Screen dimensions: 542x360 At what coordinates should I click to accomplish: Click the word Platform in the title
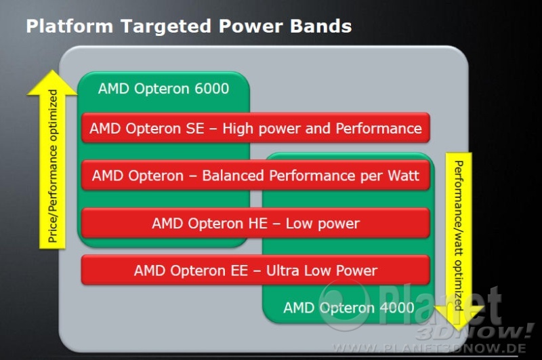pyautogui.click(x=70, y=26)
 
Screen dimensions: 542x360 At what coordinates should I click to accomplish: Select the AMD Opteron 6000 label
pyautogui.click(x=163, y=89)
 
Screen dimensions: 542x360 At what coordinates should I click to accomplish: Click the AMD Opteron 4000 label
pyautogui.click(x=349, y=307)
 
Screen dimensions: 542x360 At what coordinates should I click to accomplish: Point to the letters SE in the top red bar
pyautogui.click(x=195, y=129)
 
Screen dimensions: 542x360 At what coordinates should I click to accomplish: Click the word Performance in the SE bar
pyautogui.click(x=379, y=129)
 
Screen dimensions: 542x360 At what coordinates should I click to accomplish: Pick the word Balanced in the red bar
pyautogui.click(x=233, y=176)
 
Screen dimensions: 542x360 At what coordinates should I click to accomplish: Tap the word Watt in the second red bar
pyautogui.click(x=403, y=176)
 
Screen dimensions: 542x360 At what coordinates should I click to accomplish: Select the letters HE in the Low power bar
pyautogui.click(x=258, y=224)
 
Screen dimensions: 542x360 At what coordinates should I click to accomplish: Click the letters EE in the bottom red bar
pyautogui.click(x=239, y=271)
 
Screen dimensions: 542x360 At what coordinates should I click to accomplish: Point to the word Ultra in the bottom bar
pyautogui.click(x=283, y=271)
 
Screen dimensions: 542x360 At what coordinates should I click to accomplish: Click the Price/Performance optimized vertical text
pyautogui.click(x=53, y=166)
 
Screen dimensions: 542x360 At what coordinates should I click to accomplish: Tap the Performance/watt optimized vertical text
pyautogui.click(x=459, y=235)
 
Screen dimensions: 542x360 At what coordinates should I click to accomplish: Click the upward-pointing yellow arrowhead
pyautogui.click(x=52, y=83)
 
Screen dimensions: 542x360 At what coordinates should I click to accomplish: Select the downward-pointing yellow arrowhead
pyautogui.click(x=459, y=318)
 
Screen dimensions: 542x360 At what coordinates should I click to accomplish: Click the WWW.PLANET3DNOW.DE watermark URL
pyautogui.click(x=430, y=348)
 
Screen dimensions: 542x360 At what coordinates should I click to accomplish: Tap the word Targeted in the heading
pyautogui.click(x=166, y=27)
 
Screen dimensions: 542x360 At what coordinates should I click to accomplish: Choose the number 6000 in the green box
pyautogui.click(x=211, y=89)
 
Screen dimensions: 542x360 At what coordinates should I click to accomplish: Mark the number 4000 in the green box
pyautogui.click(x=397, y=307)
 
